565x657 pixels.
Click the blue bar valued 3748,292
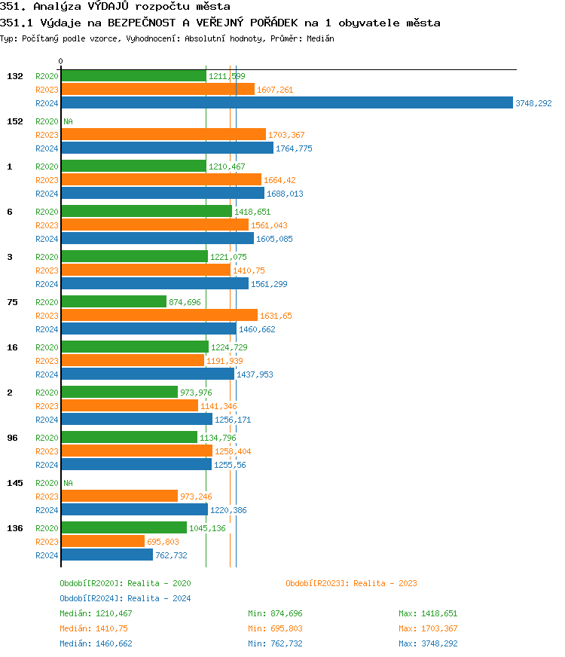pyautogui.click(x=286, y=103)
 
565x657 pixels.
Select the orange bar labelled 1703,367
pyautogui.click(x=163, y=135)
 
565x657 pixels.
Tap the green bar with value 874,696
pyautogui.click(x=113, y=302)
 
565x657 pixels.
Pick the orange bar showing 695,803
pyautogui.click(x=102, y=542)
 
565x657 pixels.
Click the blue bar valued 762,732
pyautogui.click(x=106, y=555)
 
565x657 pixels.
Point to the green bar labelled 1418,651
pyautogui.click(x=146, y=212)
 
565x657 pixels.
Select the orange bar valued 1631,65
pyautogui.click(x=159, y=316)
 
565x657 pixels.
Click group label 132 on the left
pyautogui.click(x=15, y=76)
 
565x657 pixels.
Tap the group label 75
pyautogui.click(x=12, y=302)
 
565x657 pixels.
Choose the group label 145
pyautogui.click(x=15, y=483)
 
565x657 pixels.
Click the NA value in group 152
pyautogui.click(x=68, y=121)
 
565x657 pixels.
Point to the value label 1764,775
pyautogui.click(x=294, y=148)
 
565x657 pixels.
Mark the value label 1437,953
pyautogui.click(x=255, y=374)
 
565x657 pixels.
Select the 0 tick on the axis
pyautogui.click(x=60, y=61)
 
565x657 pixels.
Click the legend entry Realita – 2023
pyautogui.click(x=351, y=583)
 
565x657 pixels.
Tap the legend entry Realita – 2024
pyautogui.click(x=125, y=598)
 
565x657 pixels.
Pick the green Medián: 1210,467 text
pyautogui.click(x=96, y=613)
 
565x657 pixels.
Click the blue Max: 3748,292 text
pyautogui.click(x=428, y=643)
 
